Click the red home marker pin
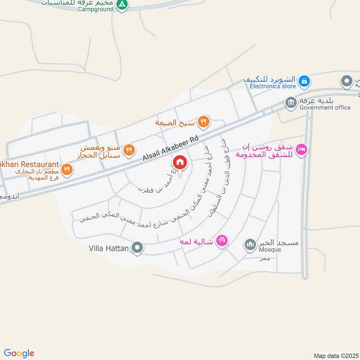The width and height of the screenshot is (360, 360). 180,162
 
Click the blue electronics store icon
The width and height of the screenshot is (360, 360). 305,81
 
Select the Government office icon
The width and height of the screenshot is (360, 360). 291,103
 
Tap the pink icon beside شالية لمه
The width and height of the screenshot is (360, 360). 221,240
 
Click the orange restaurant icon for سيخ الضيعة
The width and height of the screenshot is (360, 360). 204,121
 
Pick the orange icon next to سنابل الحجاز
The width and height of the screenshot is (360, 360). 130,150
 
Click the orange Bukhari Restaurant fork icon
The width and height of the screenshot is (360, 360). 67,170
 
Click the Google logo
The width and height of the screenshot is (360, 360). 19,353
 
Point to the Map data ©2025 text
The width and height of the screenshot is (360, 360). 335,355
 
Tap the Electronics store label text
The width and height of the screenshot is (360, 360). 273,86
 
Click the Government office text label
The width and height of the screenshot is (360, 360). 325,108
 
